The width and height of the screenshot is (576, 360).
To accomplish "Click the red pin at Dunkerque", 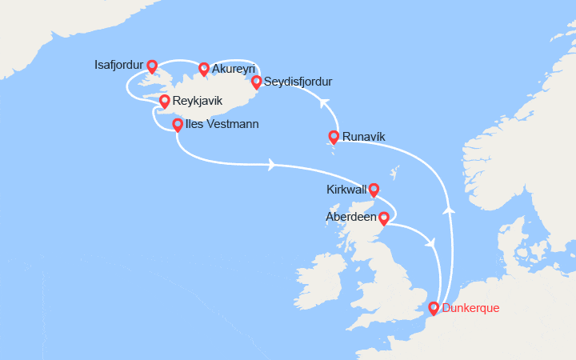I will coord(434,308).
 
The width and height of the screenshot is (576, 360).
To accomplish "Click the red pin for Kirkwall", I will coord(373,190).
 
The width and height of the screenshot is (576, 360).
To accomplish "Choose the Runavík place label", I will coord(363,137).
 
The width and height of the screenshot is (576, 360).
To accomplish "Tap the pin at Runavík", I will coord(334,137).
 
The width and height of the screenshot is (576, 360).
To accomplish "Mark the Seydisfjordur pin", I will coord(256,82).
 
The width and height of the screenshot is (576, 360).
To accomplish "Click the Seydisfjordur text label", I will coord(298,82).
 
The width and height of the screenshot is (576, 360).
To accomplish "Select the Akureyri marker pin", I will coord(204,69).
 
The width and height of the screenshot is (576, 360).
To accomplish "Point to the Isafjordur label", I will coord(114,66).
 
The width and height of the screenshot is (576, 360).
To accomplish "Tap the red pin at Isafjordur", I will coord(151,66).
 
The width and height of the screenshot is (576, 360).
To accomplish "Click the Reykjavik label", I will coord(198,102).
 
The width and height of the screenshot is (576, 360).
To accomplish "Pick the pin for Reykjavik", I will coord(164,102).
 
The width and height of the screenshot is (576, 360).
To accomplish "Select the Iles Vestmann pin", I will coord(177,125).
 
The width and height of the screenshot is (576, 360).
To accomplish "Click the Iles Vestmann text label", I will coord(222,125).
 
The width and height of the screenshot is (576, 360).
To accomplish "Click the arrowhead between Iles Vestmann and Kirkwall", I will coord(274,166).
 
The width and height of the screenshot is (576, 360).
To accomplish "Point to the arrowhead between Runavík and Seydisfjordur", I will coord(325,102).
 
